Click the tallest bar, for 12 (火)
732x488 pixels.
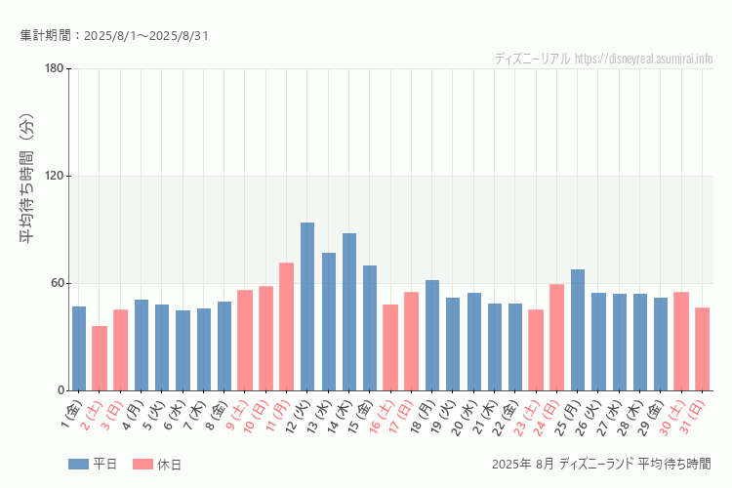(x=307, y=306)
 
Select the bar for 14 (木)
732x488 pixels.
(x=349, y=312)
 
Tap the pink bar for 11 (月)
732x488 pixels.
(x=287, y=327)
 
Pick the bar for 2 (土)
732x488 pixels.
(x=100, y=358)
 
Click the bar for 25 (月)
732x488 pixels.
(x=578, y=330)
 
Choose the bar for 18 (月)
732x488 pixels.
(x=432, y=336)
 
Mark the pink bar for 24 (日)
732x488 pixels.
(x=556, y=338)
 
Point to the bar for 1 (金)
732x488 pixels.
(x=79, y=348)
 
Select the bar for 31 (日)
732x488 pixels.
(x=702, y=349)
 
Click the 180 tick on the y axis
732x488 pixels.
(x=54, y=68)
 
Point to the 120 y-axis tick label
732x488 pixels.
(x=54, y=176)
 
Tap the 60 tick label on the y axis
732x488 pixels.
(x=57, y=283)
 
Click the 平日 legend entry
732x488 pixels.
(x=93, y=465)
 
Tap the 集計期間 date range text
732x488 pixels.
(x=114, y=36)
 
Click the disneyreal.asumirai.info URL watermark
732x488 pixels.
(x=644, y=59)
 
